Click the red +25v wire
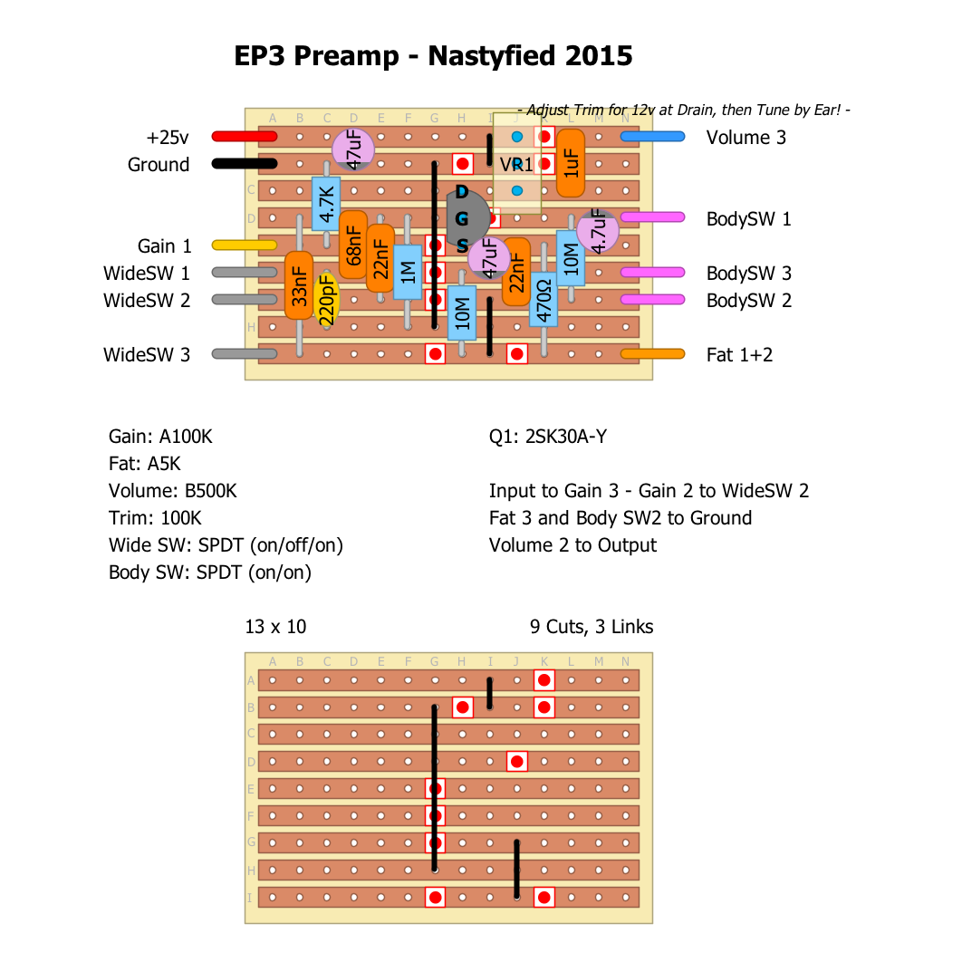244,137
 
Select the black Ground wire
244,164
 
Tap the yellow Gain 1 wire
244,245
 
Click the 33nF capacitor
298,285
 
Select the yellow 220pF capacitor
326,300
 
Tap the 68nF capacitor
353,245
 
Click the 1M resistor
408,272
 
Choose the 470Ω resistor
544,299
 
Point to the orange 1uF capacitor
570,163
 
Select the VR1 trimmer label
516,165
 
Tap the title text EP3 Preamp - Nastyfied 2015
433,56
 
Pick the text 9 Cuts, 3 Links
591,627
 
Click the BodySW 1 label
748,218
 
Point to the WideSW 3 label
147,354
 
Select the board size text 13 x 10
275,627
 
